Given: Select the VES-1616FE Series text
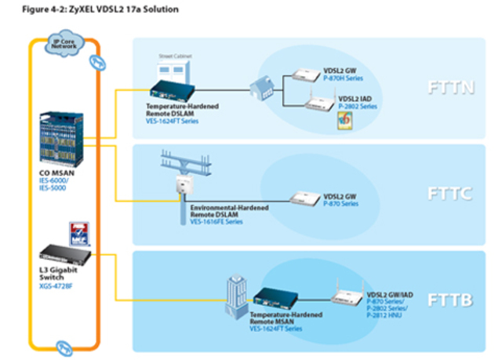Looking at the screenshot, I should pyautogui.click(x=216, y=222).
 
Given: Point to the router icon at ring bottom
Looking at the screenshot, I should pyautogui.click(x=64, y=343).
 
